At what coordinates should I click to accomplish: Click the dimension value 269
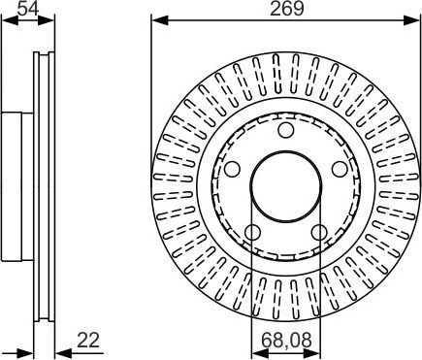point(287,9)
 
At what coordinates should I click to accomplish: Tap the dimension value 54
point(28,9)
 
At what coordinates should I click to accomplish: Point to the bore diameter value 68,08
point(286,340)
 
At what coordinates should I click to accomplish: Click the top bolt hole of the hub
point(286,130)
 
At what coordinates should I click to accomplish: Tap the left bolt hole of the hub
point(232,169)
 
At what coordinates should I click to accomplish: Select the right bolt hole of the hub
point(341,169)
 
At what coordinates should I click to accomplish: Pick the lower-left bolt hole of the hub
point(253,232)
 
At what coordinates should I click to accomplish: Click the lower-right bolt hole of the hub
point(319,232)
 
